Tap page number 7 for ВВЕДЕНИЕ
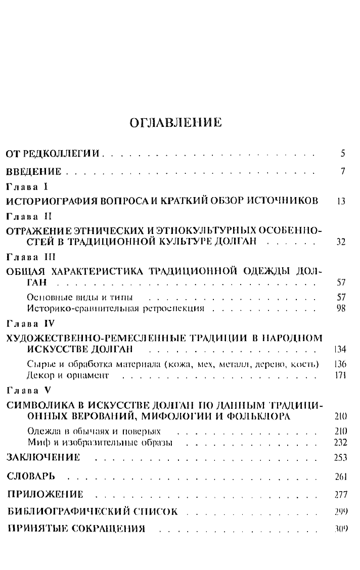(342, 172)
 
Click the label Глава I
(26, 187)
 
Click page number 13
(340, 201)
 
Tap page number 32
(340, 242)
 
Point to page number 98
(340, 308)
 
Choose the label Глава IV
(29, 322)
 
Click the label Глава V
(27, 390)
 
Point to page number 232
(339, 442)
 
